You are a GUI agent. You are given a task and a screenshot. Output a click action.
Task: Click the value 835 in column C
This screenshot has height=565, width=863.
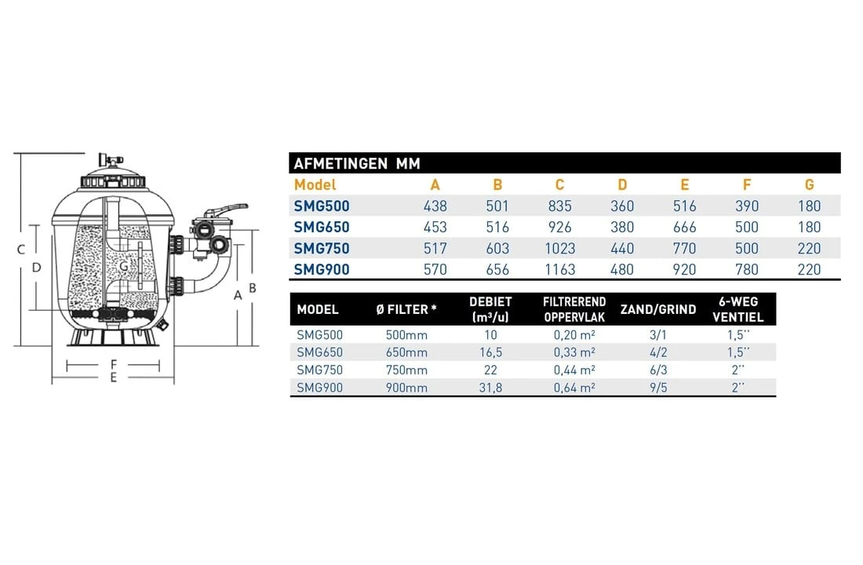pyautogui.click(x=559, y=206)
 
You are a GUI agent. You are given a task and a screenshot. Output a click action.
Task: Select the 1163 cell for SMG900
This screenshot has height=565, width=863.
pyautogui.click(x=559, y=270)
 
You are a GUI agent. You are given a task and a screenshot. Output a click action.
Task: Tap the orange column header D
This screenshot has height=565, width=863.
pyautogui.click(x=622, y=185)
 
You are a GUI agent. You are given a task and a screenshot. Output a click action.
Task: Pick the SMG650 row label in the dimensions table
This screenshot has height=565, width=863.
pyautogui.click(x=322, y=228)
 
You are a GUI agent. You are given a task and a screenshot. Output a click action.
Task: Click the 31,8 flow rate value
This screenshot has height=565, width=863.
pyautogui.click(x=490, y=388)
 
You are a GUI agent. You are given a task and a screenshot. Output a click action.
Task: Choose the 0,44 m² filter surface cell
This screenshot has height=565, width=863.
pyautogui.click(x=570, y=370)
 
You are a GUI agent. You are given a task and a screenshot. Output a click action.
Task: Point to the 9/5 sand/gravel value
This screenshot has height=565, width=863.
pyautogui.click(x=657, y=388)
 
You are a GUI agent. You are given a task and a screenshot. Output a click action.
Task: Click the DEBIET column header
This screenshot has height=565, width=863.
pyautogui.click(x=490, y=308)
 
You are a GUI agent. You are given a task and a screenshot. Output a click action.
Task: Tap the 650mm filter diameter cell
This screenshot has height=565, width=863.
pyautogui.click(x=407, y=352)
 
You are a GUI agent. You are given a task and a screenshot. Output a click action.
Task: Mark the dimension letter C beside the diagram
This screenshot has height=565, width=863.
pyautogui.click(x=21, y=250)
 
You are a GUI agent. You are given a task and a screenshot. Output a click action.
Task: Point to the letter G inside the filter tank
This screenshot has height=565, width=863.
pyautogui.click(x=124, y=266)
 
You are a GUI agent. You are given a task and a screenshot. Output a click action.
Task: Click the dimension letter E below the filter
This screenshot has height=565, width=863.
pyautogui.click(x=114, y=377)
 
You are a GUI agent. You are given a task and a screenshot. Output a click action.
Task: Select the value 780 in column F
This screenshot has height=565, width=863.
pyautogui.click(x=747, y=270)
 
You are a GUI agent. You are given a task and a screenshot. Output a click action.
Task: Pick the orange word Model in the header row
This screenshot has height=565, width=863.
pyautogui.click(x=315, y=185)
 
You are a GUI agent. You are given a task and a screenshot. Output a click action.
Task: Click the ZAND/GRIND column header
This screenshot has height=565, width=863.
pyautogui.click(x=657, y=309)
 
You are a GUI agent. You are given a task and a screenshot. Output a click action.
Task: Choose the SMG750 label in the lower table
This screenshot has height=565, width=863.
pyautogui.click(x=320, y=370)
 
